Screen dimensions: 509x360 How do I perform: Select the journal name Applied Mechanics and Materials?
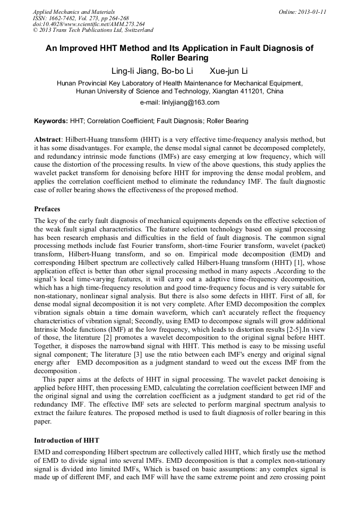tap(74, 12)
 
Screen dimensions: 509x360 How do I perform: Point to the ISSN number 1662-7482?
tap(64, 18)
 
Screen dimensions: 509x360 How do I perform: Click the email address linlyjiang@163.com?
tap(193, 102)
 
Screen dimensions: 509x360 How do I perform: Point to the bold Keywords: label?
tap(51, 122)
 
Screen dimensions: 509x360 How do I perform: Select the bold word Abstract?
tap(48, 139)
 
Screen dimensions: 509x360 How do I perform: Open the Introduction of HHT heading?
tap(66, 440)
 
